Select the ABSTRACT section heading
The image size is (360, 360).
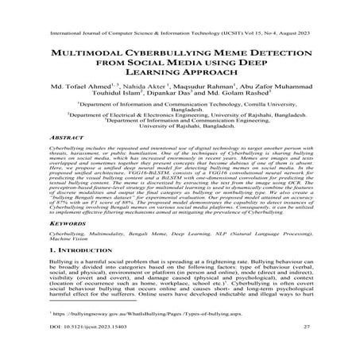pos(66,159)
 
